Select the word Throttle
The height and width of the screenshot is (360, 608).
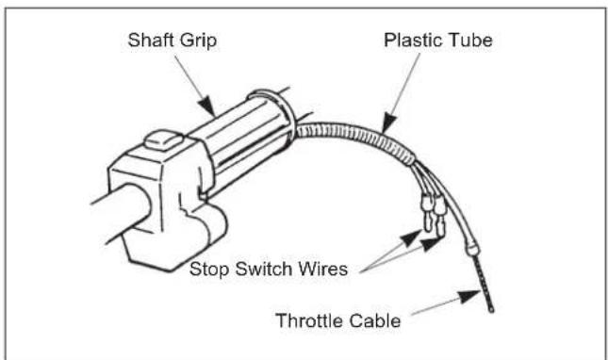[310, 321]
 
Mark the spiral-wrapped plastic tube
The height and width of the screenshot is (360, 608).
[368, 152]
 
